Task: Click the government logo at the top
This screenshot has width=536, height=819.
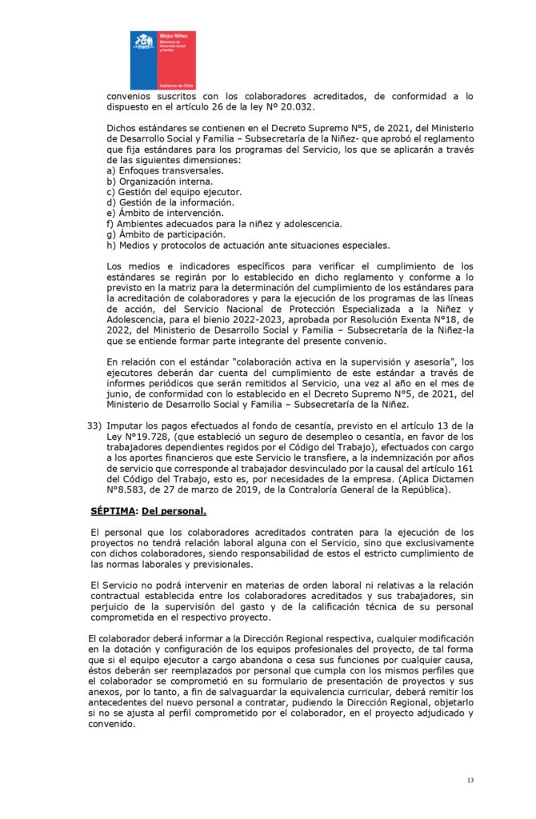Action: tap(162, 61)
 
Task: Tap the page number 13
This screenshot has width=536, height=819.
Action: tap(470, 780)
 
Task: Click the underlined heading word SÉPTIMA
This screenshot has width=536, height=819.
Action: tap(112, 510)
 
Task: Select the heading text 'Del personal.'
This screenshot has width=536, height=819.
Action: tap(174, 510)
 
